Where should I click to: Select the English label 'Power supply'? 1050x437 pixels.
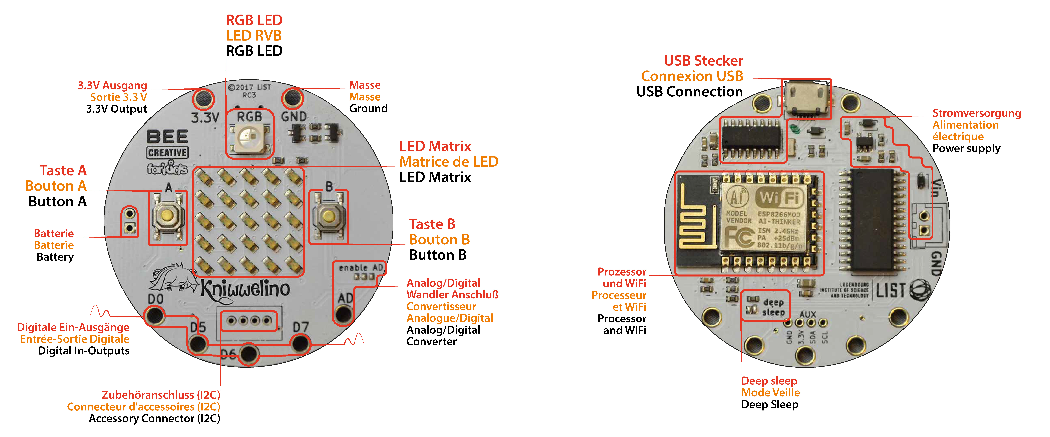pyautogui.click(x=966, y=148)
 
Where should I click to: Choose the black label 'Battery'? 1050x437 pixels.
pyautogui.click(x=55, y=257)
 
